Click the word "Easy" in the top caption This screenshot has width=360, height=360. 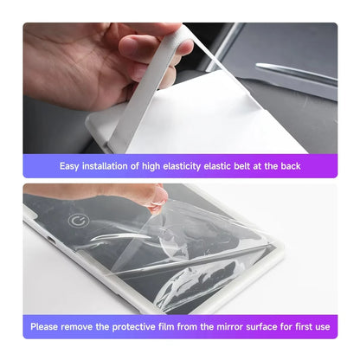(69, 165)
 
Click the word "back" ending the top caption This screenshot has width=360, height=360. (290, 165)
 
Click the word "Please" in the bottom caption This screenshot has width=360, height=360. (47, 326)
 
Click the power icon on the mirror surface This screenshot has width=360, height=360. (79, 220)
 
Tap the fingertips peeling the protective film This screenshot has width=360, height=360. (156, 200)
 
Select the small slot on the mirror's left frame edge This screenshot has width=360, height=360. (49, 238)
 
